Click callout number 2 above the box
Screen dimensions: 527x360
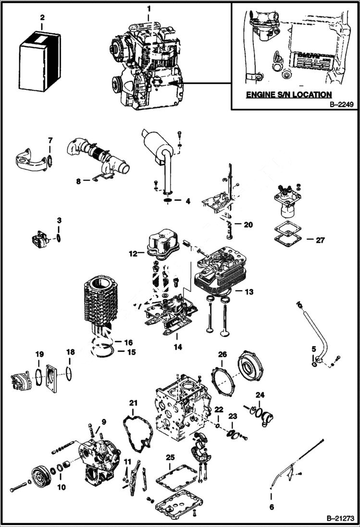(x=42, y=18)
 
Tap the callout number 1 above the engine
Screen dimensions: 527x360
(x=149, y=8)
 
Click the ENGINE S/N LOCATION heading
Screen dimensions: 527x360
(x=288, y=95)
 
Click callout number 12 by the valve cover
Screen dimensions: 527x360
(x=134, y=253)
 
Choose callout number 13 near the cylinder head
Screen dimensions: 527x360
(x=248, y=291)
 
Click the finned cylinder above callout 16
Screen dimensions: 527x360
(x=100, y=303)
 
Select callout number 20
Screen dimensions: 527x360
(x=248, y=224)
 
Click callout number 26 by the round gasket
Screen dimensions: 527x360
(x=222, y=355)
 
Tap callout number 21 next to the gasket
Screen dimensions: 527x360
(x=133, y=402)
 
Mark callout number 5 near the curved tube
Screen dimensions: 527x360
(x=313, y=349)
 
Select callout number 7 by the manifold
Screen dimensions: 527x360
(x=50, y=140)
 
